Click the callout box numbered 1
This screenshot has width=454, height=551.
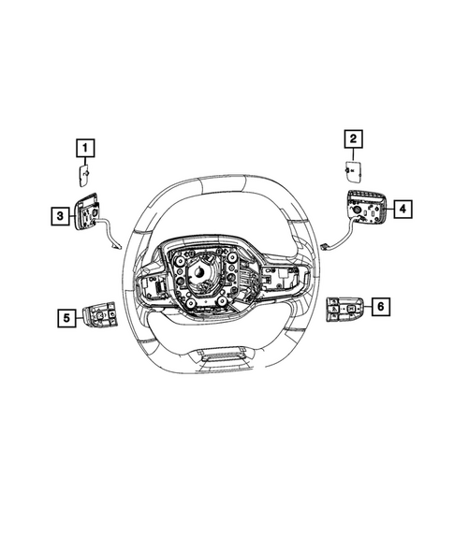(x=84, y=148)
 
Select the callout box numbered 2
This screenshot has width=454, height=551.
(x=353, y=140)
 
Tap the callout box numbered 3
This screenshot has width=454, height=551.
(x=59, y=217)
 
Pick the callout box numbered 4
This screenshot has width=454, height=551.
(x=400, y=210)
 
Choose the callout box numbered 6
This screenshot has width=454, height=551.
(x=380, y=306)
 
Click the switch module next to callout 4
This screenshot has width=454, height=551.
(x=366, y=208)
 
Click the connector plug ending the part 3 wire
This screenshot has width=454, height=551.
(x=115, y=247)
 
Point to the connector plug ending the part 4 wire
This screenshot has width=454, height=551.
(x=324, y=246)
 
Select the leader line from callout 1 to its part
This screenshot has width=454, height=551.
(x=84, y=161)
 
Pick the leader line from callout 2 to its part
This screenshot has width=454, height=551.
(x=353, y=154)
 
